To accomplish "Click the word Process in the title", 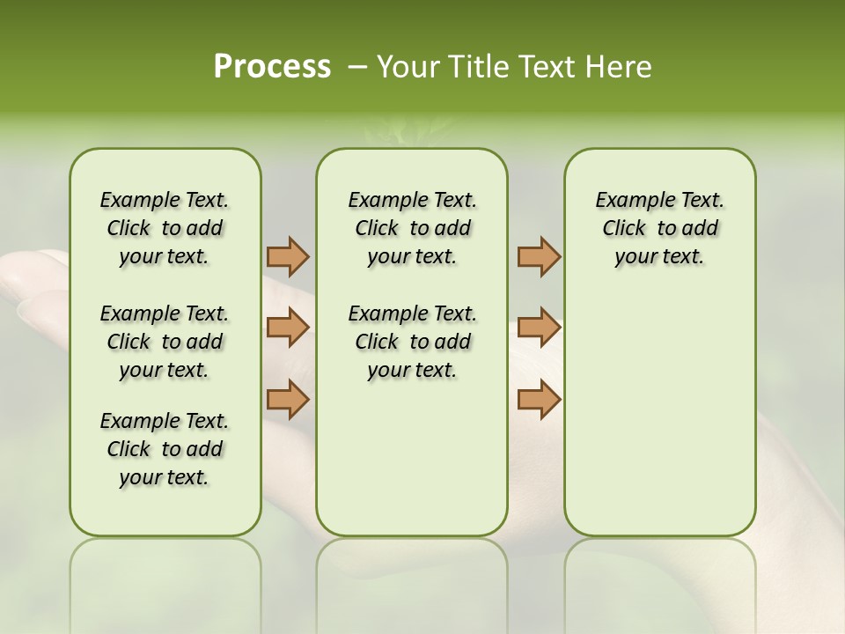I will click(x=272, y=67).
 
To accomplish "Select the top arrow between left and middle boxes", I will click(x=288, y=256).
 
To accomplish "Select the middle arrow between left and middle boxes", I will click(x=288, y=328).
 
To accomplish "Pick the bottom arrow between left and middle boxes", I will click(x=288, y=399).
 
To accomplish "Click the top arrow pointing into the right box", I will click(x=539, y=256).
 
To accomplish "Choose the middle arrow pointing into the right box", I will click(x=539, y=328).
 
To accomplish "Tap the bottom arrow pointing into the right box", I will click(x=539, y=399).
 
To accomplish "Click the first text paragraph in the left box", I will click(x=165, y=228).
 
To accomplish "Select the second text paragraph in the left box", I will click(x=165, y=342).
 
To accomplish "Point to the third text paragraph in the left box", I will click(x=165, y=449).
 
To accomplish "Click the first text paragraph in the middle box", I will click(x=412, y=228).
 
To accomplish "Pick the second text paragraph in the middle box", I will click(x=412, y=342).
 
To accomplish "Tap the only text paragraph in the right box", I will click(x=659, y=228).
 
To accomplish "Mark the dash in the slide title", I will click(x=356, y=67).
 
